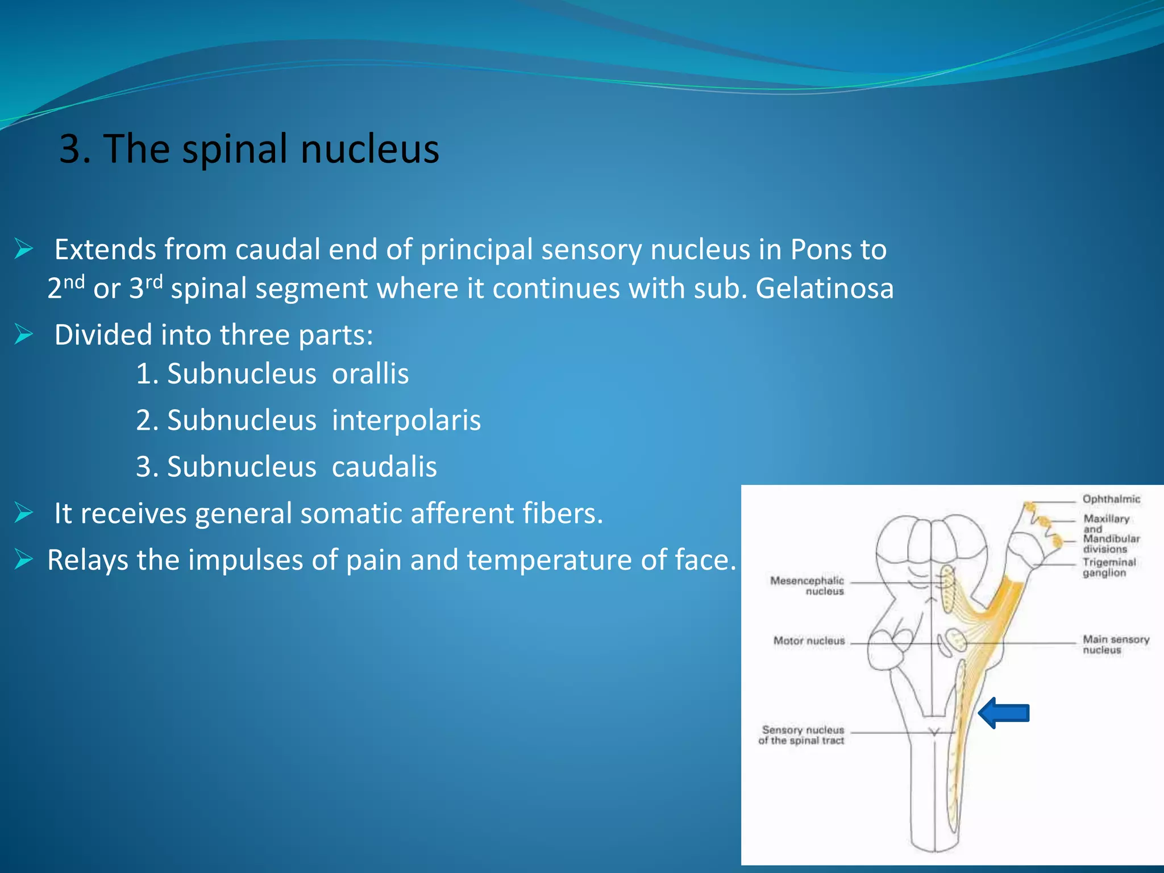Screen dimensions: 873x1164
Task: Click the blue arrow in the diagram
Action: (1004, 713)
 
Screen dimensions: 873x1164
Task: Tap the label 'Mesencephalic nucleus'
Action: (807, 585)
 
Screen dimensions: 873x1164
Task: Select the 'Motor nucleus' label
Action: (809, 641)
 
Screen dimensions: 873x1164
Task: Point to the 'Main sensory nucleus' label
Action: (1115, 645)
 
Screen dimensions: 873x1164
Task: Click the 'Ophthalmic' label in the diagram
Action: (1111, 499)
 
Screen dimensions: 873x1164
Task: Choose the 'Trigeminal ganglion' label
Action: (1108, 567)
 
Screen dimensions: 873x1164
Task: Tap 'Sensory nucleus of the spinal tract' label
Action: (802, 735)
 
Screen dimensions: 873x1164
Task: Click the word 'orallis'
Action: (370, 374)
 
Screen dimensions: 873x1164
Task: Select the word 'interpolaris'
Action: (406, 421)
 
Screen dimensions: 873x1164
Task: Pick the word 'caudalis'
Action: (384, 467)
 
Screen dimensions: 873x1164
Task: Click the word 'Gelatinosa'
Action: (824, 288)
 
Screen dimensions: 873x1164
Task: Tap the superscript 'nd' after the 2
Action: (74, 281)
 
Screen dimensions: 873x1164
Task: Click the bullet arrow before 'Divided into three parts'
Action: (24, 334)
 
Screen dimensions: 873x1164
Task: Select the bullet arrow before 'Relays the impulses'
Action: (24, 559)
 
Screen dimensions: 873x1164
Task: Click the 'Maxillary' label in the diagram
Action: (1106, 518)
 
